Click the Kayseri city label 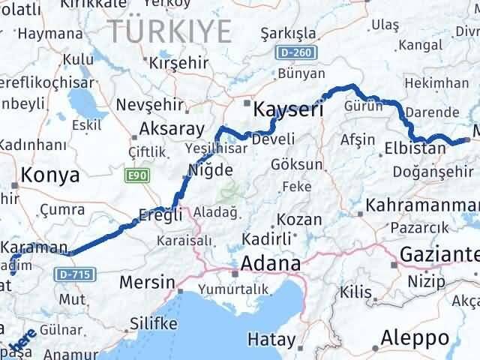(x=289, y=109)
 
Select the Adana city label (x=271, y=264)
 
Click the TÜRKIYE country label (x=169, y=31)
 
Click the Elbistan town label (x=415, y=148)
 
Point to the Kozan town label (x=299, y=220)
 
